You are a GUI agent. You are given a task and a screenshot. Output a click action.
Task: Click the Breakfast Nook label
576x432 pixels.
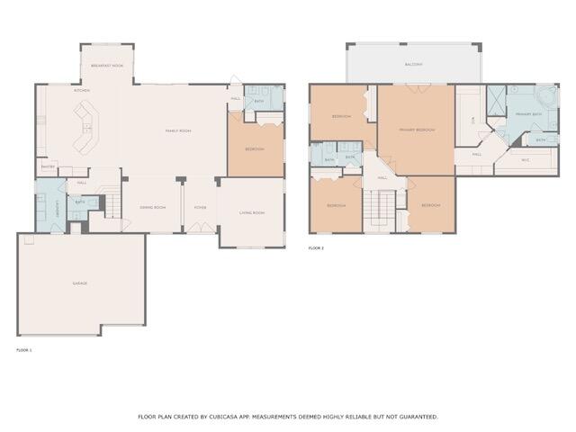tap(107, 67)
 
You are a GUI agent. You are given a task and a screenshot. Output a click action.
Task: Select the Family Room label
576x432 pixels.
tap(177, 131)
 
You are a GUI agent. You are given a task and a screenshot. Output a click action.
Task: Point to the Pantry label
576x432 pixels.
tap(48, 166)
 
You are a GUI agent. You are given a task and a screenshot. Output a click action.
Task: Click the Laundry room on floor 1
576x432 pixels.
tap(49, 202)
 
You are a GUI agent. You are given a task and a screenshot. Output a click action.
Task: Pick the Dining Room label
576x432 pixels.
tap(152, 208)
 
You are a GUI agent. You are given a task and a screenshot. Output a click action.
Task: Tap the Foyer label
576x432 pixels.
tap(200, 208)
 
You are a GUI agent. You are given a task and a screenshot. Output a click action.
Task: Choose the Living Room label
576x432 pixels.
tap(251, 212)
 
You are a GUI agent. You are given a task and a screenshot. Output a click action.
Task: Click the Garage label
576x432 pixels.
tap(80, 283)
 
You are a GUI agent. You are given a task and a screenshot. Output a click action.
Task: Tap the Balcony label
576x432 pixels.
tap(413, 65)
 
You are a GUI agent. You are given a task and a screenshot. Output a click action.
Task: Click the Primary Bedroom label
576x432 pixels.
tap(418, 130)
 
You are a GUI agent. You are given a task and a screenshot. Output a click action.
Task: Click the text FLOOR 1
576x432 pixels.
tap(24, 349)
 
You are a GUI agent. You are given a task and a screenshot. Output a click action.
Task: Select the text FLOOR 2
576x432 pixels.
tap(316, 247)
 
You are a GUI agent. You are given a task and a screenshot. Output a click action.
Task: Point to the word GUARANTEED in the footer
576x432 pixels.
tap(416, 417)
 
